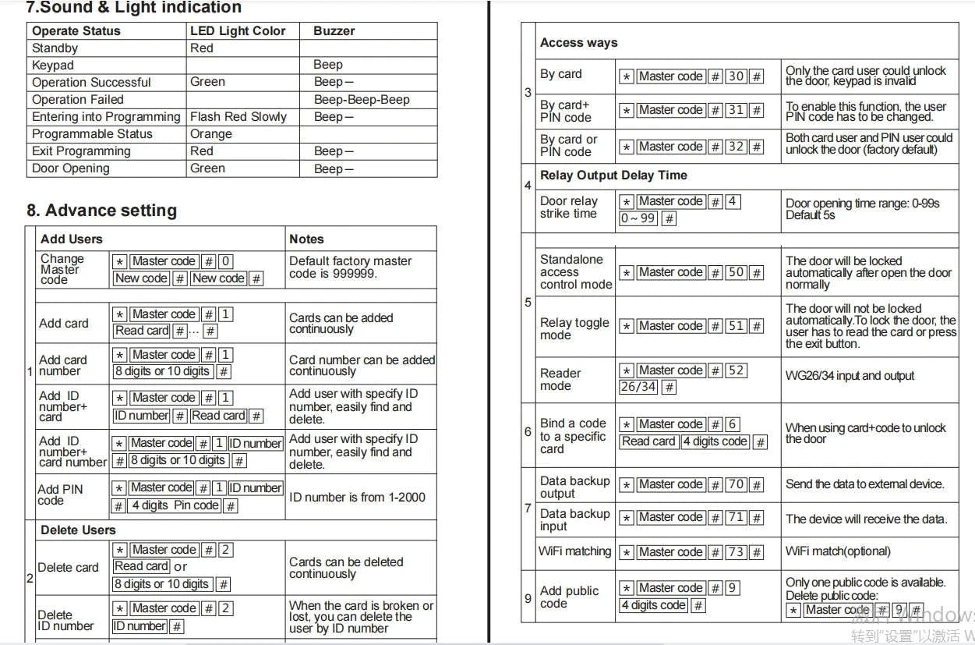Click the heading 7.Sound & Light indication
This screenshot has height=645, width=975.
click(133, 9)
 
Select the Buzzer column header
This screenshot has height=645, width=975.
click(334, 31)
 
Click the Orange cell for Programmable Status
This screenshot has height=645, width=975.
click(210, 134)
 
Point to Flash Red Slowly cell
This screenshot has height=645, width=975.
click(238, 117)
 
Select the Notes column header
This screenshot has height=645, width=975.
click(306, 239)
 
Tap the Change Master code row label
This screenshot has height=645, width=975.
click(62, 269)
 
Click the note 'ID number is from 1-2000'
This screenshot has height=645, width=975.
click(357, 497)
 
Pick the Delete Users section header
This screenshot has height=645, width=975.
click(78, 530)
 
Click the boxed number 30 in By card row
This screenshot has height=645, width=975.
click(736, 76)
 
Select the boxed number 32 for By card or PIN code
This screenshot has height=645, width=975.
click(736, 147)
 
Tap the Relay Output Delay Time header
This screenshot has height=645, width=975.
click(613, 175)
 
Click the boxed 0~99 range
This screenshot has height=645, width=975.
click(638, 218)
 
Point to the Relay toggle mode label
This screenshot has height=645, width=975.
click(574, 328)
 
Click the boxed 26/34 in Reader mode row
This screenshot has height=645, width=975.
click(638, 387)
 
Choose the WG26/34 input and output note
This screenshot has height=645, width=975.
click(850, 376)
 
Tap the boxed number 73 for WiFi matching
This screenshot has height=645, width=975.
click(736, 552)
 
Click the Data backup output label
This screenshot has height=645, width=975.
click(574, 487)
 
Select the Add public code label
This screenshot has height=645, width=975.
click(569, 597)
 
